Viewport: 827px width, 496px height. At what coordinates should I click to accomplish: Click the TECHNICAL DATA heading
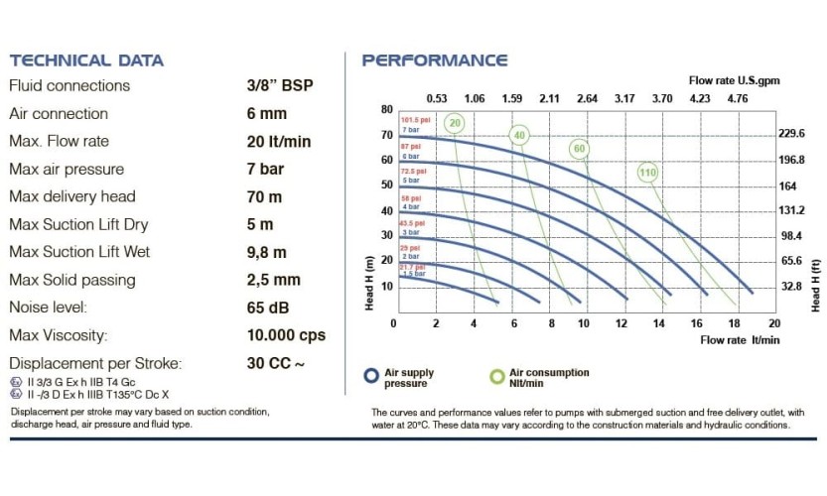coord(86,61)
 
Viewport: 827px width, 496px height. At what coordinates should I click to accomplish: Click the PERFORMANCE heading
coord(435,61)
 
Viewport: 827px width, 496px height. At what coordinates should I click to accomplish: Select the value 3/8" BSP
coord(279,86)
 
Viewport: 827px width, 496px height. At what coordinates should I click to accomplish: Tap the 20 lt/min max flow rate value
coord(276,141)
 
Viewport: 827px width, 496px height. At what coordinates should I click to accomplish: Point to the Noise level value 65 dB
coord(266,308)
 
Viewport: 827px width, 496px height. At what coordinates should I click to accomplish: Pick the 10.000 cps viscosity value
coord(286,335)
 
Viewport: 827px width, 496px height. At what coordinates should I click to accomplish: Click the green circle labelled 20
coord(455,124)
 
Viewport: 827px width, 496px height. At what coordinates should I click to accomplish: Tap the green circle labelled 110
coord(648,173)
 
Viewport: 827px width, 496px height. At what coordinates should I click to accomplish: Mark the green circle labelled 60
coord(580,149)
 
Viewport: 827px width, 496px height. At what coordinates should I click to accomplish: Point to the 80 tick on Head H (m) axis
coord(387,109)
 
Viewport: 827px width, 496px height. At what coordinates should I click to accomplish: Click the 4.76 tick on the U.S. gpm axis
coord(737,98)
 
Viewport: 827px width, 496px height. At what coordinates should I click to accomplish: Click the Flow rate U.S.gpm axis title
coord(727,79)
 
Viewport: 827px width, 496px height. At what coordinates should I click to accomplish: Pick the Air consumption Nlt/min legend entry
coord(541,377)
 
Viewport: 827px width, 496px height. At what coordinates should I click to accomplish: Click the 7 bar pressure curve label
coord(410,130)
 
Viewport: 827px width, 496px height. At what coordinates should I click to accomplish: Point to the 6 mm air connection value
coord(266,114)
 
